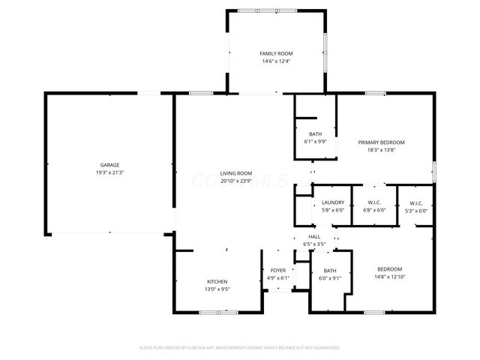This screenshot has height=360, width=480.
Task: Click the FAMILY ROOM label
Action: click(276, 54)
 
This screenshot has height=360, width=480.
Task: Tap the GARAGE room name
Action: click(110, 165)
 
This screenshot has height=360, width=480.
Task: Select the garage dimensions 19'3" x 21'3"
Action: click(110, 172)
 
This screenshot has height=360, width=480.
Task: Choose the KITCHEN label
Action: click(217, 282)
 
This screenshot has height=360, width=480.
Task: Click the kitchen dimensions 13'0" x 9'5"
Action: click(217, 289)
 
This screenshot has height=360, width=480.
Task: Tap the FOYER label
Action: click(278, 270)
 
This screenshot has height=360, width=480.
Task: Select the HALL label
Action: click(314, 236)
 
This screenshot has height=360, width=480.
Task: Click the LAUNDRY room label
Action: click(332, 202)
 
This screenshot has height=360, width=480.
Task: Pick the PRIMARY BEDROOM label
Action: click(381, 142)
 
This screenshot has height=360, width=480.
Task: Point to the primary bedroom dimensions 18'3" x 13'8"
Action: click(381, 150)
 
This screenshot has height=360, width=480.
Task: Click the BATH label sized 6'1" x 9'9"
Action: click(315, 133)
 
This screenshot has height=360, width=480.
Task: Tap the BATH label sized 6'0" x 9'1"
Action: click(330, 270)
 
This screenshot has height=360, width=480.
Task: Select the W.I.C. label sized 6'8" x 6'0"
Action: click(374, 202)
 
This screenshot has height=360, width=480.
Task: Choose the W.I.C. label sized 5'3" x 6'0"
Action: click(416, 202)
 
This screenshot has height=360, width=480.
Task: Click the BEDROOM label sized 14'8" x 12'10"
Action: click(389, 269)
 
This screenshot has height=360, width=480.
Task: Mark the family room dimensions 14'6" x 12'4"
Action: click(276, 61)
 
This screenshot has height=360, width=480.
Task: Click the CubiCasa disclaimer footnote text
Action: click(240, 348)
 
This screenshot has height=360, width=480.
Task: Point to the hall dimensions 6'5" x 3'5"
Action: click(314, 244)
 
